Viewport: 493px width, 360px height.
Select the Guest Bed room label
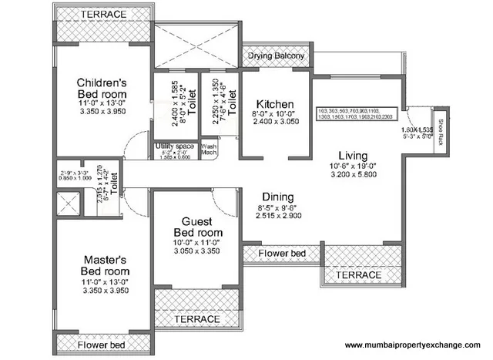point(198,227)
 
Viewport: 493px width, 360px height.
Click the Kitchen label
point(275,103)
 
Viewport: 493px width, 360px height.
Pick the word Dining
point(276,197)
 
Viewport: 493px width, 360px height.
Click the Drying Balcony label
point(275,56)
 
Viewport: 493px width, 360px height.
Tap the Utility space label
point(174,145)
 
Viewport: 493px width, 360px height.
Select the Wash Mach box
point(209,149)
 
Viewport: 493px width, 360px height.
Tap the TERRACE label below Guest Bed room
point(197,318)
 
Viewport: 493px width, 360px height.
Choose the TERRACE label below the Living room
point(361,274)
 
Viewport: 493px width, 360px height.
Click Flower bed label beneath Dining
point(281,253)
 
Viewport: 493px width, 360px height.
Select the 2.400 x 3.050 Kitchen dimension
point(275,122)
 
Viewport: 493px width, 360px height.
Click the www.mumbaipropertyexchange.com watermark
point(412,345)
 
